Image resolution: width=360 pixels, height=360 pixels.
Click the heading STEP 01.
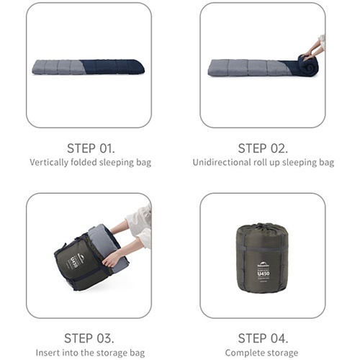91,148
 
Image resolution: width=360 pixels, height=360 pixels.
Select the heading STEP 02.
263,148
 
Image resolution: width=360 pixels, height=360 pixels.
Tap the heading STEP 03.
89,338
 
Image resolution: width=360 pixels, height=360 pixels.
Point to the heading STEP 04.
263,338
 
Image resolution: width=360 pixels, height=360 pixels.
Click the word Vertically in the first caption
49,163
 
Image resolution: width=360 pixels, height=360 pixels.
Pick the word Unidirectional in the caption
222,163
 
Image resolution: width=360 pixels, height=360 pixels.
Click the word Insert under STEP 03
45,353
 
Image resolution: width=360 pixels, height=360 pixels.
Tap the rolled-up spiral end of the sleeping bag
307,66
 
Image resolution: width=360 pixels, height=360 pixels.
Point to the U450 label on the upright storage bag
264,274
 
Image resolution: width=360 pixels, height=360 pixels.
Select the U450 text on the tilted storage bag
75,265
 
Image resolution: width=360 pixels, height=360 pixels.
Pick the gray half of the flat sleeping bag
58,67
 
